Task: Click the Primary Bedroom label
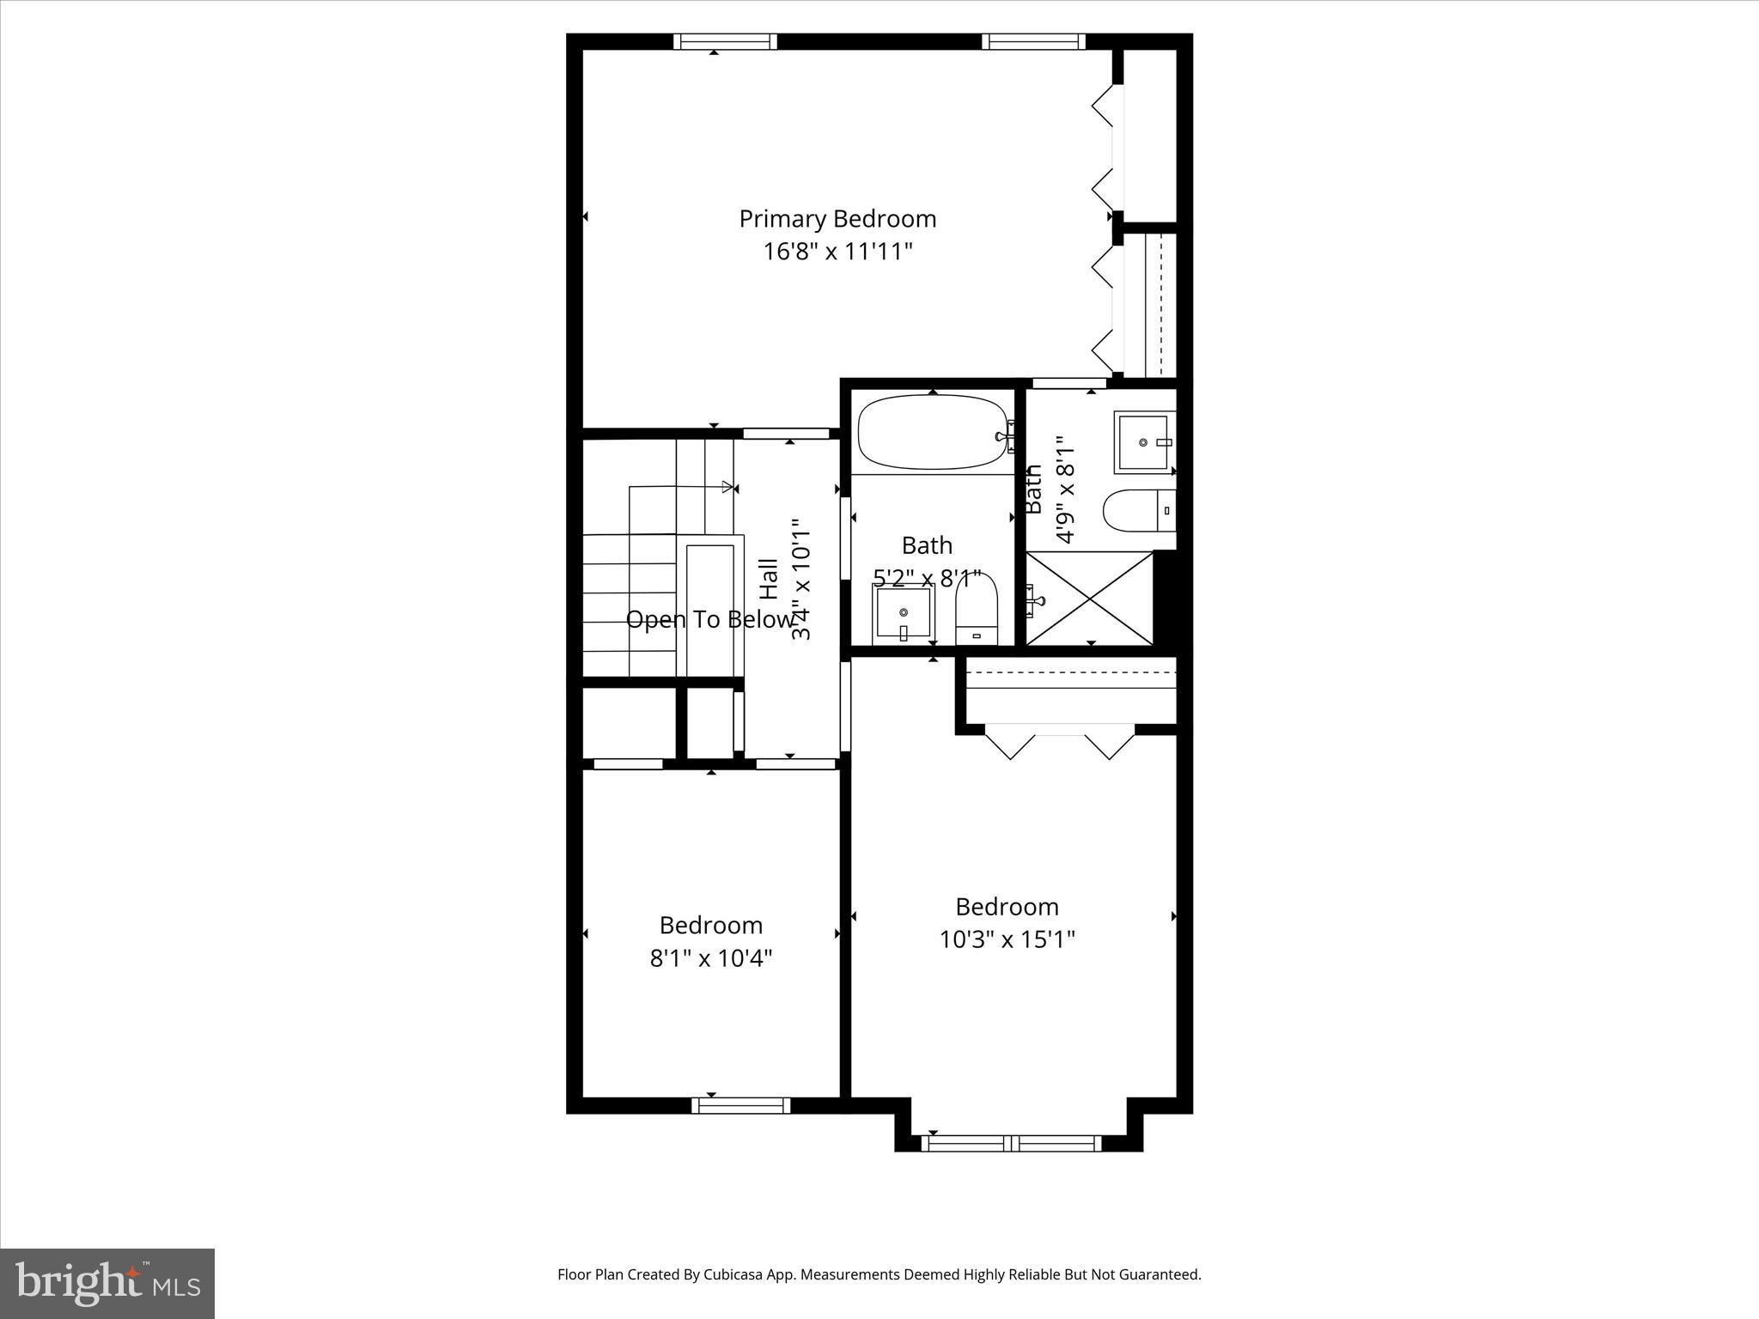pyautogui.click(x=837, y=219)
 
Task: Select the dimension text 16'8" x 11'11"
pyautogui.click(x=837, y=252)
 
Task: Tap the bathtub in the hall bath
pyautogui.click(x=933, y=433)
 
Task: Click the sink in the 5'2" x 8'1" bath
pyautogui.click(x=904, y=613)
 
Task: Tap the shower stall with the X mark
pyautogui.click(x=1091, y=599)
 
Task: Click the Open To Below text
pyautogui.click(x=709, y=619)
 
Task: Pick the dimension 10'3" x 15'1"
pyautogui.click(x=1007, y=939)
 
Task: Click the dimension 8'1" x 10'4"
pyautogui.click(x=711, y=957)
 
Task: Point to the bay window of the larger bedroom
pyautogui.click(x=1012, y=1143)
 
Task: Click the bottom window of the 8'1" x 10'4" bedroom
pyautogui.click(x=740, y=1105)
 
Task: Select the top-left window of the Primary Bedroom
pyautogui.click(x=725, y=41)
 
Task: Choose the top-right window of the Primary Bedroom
pyautogui.click(x=1033, y=41)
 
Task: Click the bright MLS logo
pyautogui.click(x=107, y=1282)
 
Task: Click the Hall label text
pyautogui.click(x=770, y=579)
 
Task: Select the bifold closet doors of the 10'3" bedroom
pyautogui.click(x=1060, y=742)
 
